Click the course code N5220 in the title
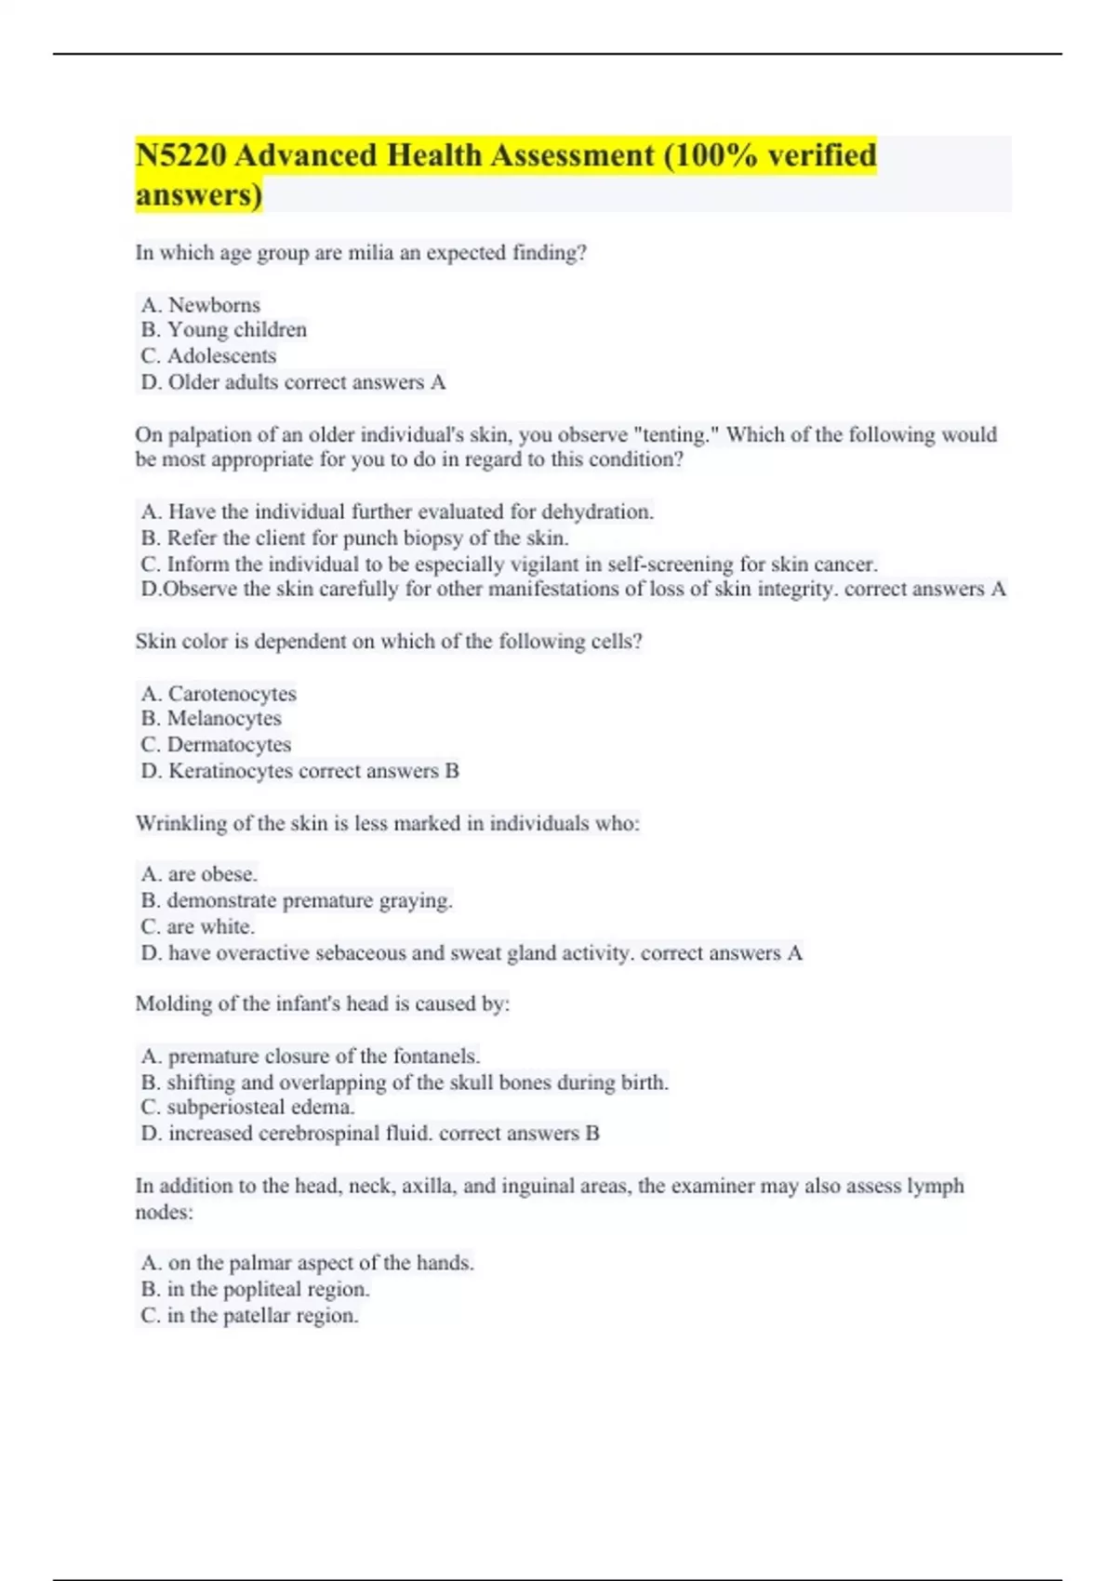point(181,155)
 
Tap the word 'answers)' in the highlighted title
point(199,195)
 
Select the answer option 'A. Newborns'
point(201,305)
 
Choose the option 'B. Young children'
point(224,330)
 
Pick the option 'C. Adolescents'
point(209,356)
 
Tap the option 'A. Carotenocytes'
point(219,694)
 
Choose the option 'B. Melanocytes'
point(211,719)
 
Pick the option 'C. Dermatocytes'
point(217,745)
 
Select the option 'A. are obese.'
point(200,874)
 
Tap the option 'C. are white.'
point(198,927)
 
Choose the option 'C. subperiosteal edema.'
point(248,1108)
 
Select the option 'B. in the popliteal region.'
point(256,1290)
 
